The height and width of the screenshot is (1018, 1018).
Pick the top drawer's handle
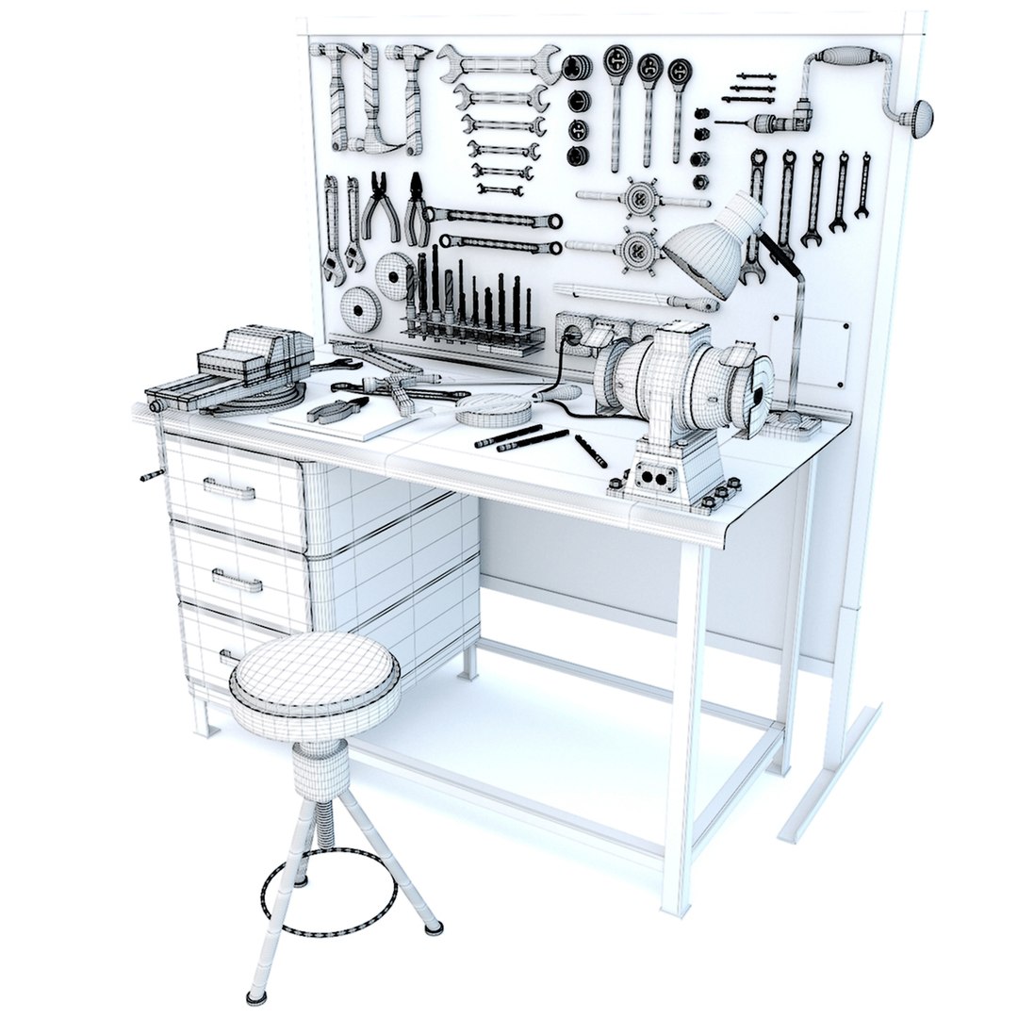pyautogui.click(x=228, y=488)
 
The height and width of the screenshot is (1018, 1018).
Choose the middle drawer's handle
pyautogui.click(x=237, y=580)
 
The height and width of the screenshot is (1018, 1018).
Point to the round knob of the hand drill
pyautogui.click(x=916, y=118)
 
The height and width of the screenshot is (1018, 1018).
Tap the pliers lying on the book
pyautogui.click(x=337, y=409)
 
